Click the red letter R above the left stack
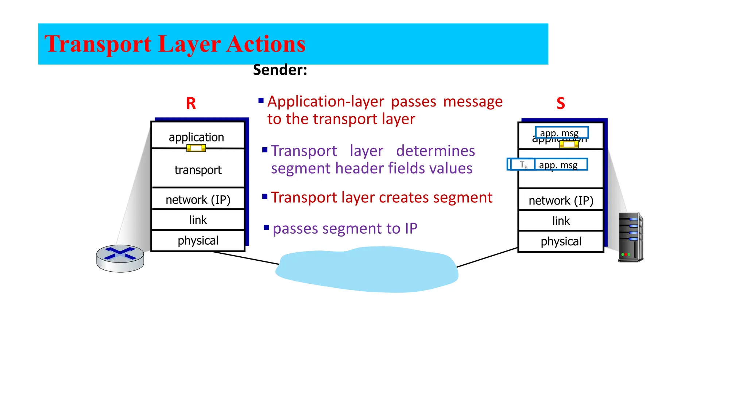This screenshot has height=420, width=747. (x=191, y=104)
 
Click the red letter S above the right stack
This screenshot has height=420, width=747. (x=561, y=104)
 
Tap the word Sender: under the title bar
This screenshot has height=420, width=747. (x=280, y=70)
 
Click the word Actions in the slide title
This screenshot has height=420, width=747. (x=266, y=44)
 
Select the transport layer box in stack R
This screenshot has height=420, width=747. (x=198, y=170)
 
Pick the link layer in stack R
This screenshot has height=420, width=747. (x=198, y=220)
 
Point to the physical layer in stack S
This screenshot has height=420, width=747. (x=561, y=241)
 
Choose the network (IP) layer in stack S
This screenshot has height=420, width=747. (x=561, y=201)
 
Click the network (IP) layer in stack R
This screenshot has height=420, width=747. (x=198, y=199)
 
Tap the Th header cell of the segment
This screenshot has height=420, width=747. (x=523, y=165)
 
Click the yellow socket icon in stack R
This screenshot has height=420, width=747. (x=196, y=148)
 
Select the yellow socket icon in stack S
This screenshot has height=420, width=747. (x=569, y=144)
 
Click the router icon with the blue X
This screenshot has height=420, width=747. (x=120, y=258)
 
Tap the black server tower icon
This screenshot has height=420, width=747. (x=631, y=237)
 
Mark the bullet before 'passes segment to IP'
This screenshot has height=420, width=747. (x=266, y=228)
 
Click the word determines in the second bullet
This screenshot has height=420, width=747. (x=436, y=151)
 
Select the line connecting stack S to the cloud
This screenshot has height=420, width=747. (x=487, y=258)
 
